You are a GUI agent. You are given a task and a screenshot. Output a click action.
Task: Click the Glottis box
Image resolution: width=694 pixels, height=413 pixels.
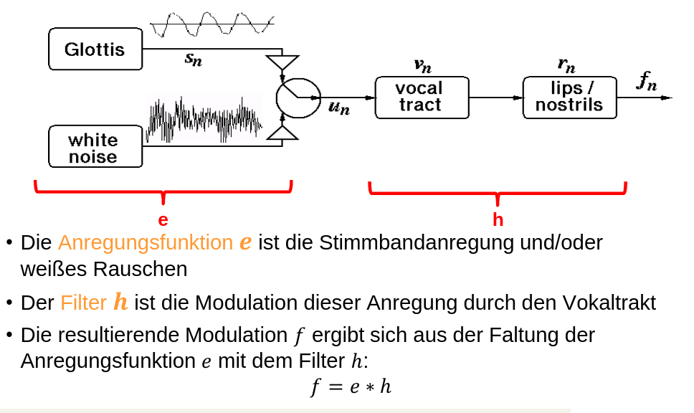pos(95,49)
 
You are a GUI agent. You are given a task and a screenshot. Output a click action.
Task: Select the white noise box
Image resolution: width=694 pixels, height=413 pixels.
pos(95,147)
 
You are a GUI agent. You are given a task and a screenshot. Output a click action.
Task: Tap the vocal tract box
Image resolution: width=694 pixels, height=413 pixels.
pos(422,98)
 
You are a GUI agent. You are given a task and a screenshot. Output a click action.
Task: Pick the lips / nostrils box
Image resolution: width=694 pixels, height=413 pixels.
pos(569,98)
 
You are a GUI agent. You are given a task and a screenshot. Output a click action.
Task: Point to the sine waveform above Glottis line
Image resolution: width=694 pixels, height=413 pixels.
pos(212,25)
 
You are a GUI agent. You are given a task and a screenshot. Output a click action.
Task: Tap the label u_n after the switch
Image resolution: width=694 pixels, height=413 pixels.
pos(338,109)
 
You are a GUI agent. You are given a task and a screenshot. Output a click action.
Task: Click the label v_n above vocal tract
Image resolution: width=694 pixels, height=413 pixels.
pos(422,65)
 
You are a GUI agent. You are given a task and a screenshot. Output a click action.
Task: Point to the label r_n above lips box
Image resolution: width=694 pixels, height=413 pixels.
pos(566,65)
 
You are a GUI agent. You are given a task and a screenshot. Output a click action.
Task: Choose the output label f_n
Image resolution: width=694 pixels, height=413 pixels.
pos(646,82)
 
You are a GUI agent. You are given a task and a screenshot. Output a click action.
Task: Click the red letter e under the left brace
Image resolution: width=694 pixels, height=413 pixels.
pos(163,219)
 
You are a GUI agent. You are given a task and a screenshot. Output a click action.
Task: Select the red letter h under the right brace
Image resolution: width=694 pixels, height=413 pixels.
pos(498,219)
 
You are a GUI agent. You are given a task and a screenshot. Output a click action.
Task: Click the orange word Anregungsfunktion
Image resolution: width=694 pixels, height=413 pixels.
pos(146,242)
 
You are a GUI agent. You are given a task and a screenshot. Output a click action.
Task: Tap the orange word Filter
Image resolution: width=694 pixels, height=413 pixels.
pos(83,303)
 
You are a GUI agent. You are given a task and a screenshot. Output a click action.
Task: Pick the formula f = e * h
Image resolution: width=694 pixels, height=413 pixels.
pos(351,387)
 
